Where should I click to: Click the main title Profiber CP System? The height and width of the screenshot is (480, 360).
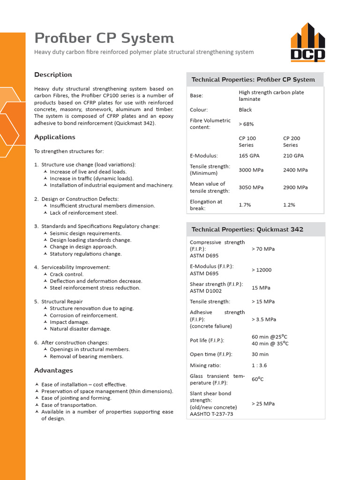click(x=104, y=38)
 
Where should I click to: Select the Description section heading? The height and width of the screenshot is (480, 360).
click(x=53, y=75)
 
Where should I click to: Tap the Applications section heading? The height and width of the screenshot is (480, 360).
click(x=54, y=137)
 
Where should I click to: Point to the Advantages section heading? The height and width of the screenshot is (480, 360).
click(x=53, y=370)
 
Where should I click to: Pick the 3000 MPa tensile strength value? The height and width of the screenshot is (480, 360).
click(x=251, y=170)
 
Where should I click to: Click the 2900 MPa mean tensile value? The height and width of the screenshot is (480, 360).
click(x=295, y=187)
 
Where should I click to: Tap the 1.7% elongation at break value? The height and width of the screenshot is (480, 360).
click(x=245, y=205)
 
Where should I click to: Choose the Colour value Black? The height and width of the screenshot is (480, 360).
click(x=245, y=110)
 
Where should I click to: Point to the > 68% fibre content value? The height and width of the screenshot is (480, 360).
click(x=247, y=124)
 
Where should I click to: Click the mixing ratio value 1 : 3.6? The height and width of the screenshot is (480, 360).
click(x=260, y=365)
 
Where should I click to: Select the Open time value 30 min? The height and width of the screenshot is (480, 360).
click(x=260, y=354)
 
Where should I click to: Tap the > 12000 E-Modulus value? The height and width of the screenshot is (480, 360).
click(x=262, y=270)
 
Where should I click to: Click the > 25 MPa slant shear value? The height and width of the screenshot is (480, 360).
click(x=263, y=403)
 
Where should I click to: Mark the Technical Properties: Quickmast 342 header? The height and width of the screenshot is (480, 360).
click(x=247, y=229)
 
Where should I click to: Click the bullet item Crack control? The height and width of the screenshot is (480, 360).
click(x=67, y=274)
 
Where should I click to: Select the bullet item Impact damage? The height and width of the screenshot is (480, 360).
click(x=69, y=322)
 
